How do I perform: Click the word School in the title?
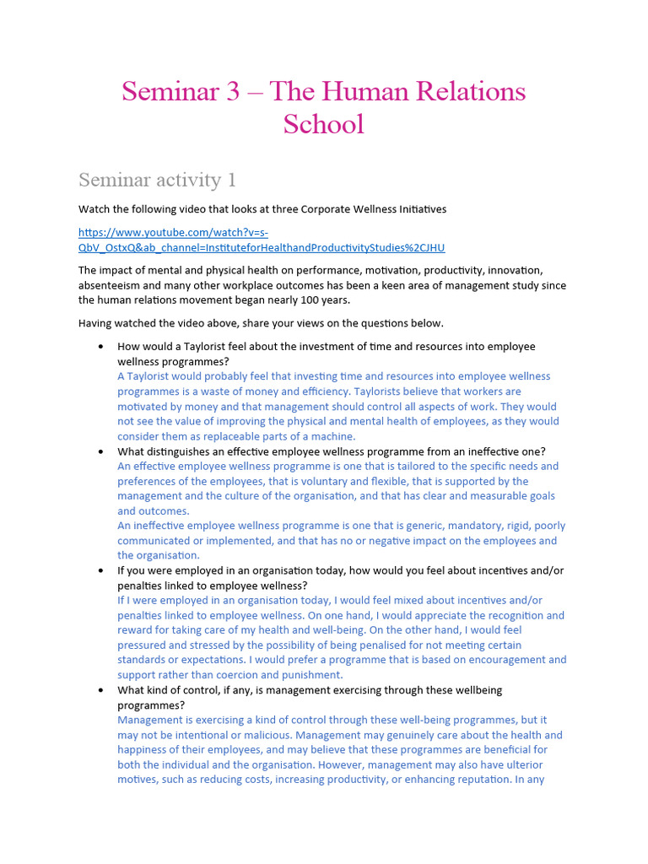(323, 124)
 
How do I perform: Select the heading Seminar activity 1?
(157, 180)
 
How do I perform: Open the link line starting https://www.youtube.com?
(174, 232)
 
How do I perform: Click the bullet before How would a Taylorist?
(101, 347)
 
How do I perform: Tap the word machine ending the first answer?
(335, 436)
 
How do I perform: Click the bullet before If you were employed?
(101, 570)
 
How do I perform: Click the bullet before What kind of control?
(101, 690)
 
